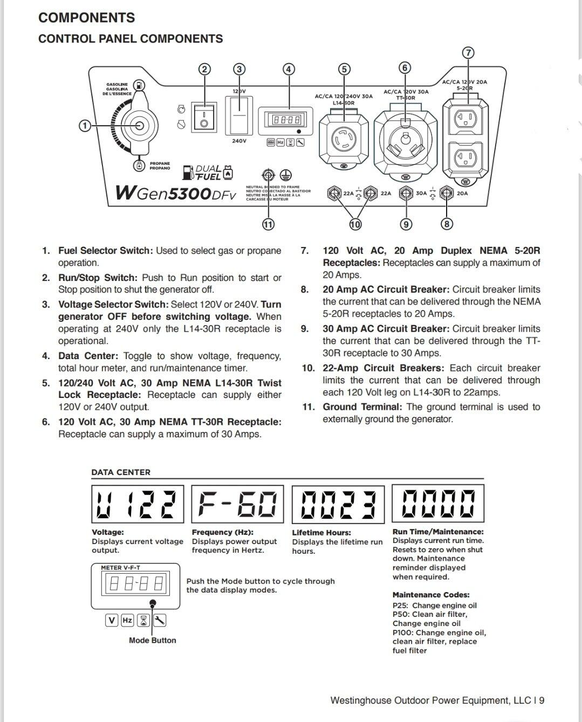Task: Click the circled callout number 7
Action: point(468,53)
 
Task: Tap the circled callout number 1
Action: point(84,126)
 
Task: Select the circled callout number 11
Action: point(268,224)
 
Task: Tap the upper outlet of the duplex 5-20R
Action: point(465,119)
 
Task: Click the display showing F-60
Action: point(237,504)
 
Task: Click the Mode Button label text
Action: point(152,640)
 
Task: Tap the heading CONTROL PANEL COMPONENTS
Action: point(131,39)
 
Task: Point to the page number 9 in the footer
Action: point(541,700)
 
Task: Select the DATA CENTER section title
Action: point(121,472)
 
